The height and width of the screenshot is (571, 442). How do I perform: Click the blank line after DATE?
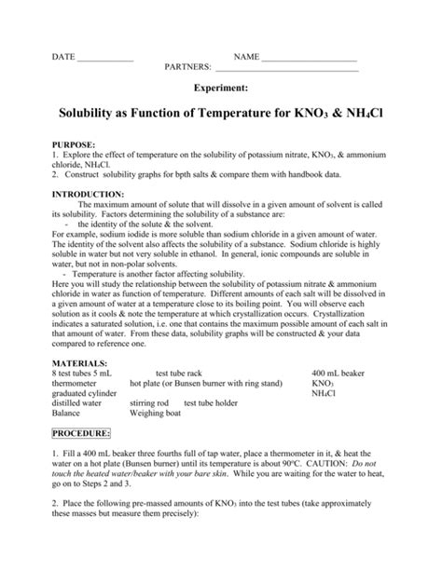click(x=105, y=58)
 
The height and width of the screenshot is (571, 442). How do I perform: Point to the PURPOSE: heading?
click(x=75, y=146)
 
